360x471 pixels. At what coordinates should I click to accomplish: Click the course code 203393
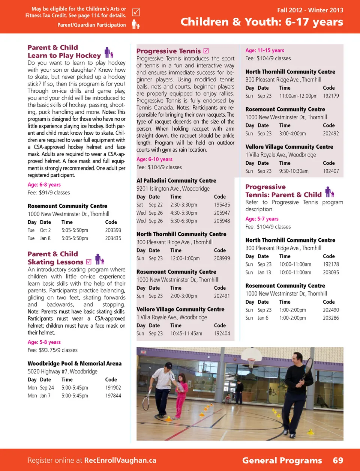(x=113, y=230)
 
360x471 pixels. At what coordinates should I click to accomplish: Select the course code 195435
(x=222, y=205)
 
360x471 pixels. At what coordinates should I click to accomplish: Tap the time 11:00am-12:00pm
(x=298, y=96)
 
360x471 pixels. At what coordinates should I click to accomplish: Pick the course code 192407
(x=331, y=171)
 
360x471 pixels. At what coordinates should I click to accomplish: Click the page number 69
(x=338, y=460)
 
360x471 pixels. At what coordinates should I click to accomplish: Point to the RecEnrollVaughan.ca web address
(x=120, y=460)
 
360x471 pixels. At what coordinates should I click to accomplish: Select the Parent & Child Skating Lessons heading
(x=55, y=258)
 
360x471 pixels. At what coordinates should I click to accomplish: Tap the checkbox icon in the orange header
(x=136, y=12)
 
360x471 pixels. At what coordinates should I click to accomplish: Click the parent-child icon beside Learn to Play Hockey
(x=108, y=53)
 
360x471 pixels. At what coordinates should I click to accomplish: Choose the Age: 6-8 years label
(x=44, y=185)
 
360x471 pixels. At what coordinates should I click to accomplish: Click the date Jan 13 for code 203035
(x=264, y=272)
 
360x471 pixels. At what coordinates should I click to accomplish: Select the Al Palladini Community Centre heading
(x=176, y=181)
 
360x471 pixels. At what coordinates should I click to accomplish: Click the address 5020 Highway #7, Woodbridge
(x=62, y=372)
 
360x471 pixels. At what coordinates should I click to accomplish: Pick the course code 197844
(x=113, y=396)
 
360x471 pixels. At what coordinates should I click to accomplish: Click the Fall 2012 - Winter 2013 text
(x=310, y=10)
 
